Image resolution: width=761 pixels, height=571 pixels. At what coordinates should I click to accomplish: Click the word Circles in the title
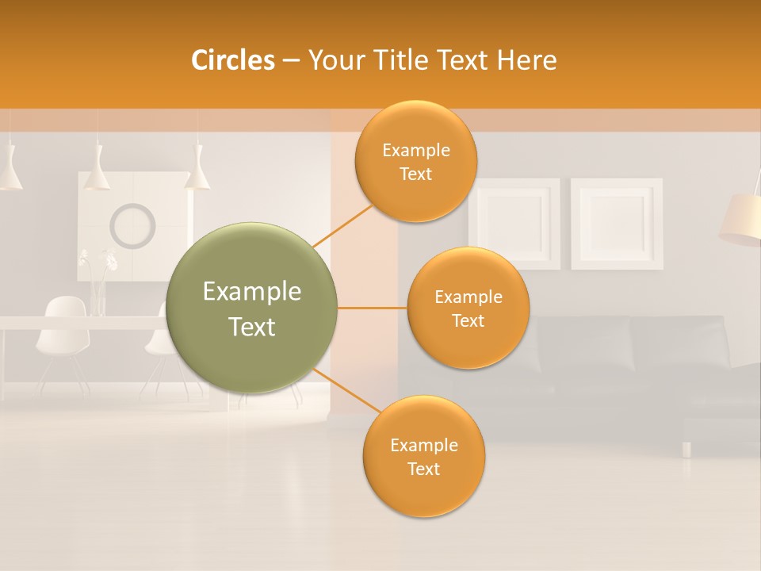[233, 60]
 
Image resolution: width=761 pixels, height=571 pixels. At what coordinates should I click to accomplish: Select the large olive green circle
[251, 308]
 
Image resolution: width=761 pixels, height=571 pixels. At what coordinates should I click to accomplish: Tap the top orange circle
[415, 161]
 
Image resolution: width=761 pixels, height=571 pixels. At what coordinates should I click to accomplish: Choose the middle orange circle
[468, 308]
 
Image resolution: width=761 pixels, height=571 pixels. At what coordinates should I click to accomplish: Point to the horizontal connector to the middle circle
[372, 308]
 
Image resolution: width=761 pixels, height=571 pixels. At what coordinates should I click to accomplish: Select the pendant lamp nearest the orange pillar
[197, 173]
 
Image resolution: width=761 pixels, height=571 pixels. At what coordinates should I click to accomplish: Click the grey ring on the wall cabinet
[132, 225]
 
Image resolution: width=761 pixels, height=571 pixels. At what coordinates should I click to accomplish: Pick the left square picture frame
[514, 223]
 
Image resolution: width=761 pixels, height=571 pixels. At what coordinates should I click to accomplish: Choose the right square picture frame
[617, 223]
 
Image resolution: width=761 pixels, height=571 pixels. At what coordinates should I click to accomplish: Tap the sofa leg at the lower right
[686, 449]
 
